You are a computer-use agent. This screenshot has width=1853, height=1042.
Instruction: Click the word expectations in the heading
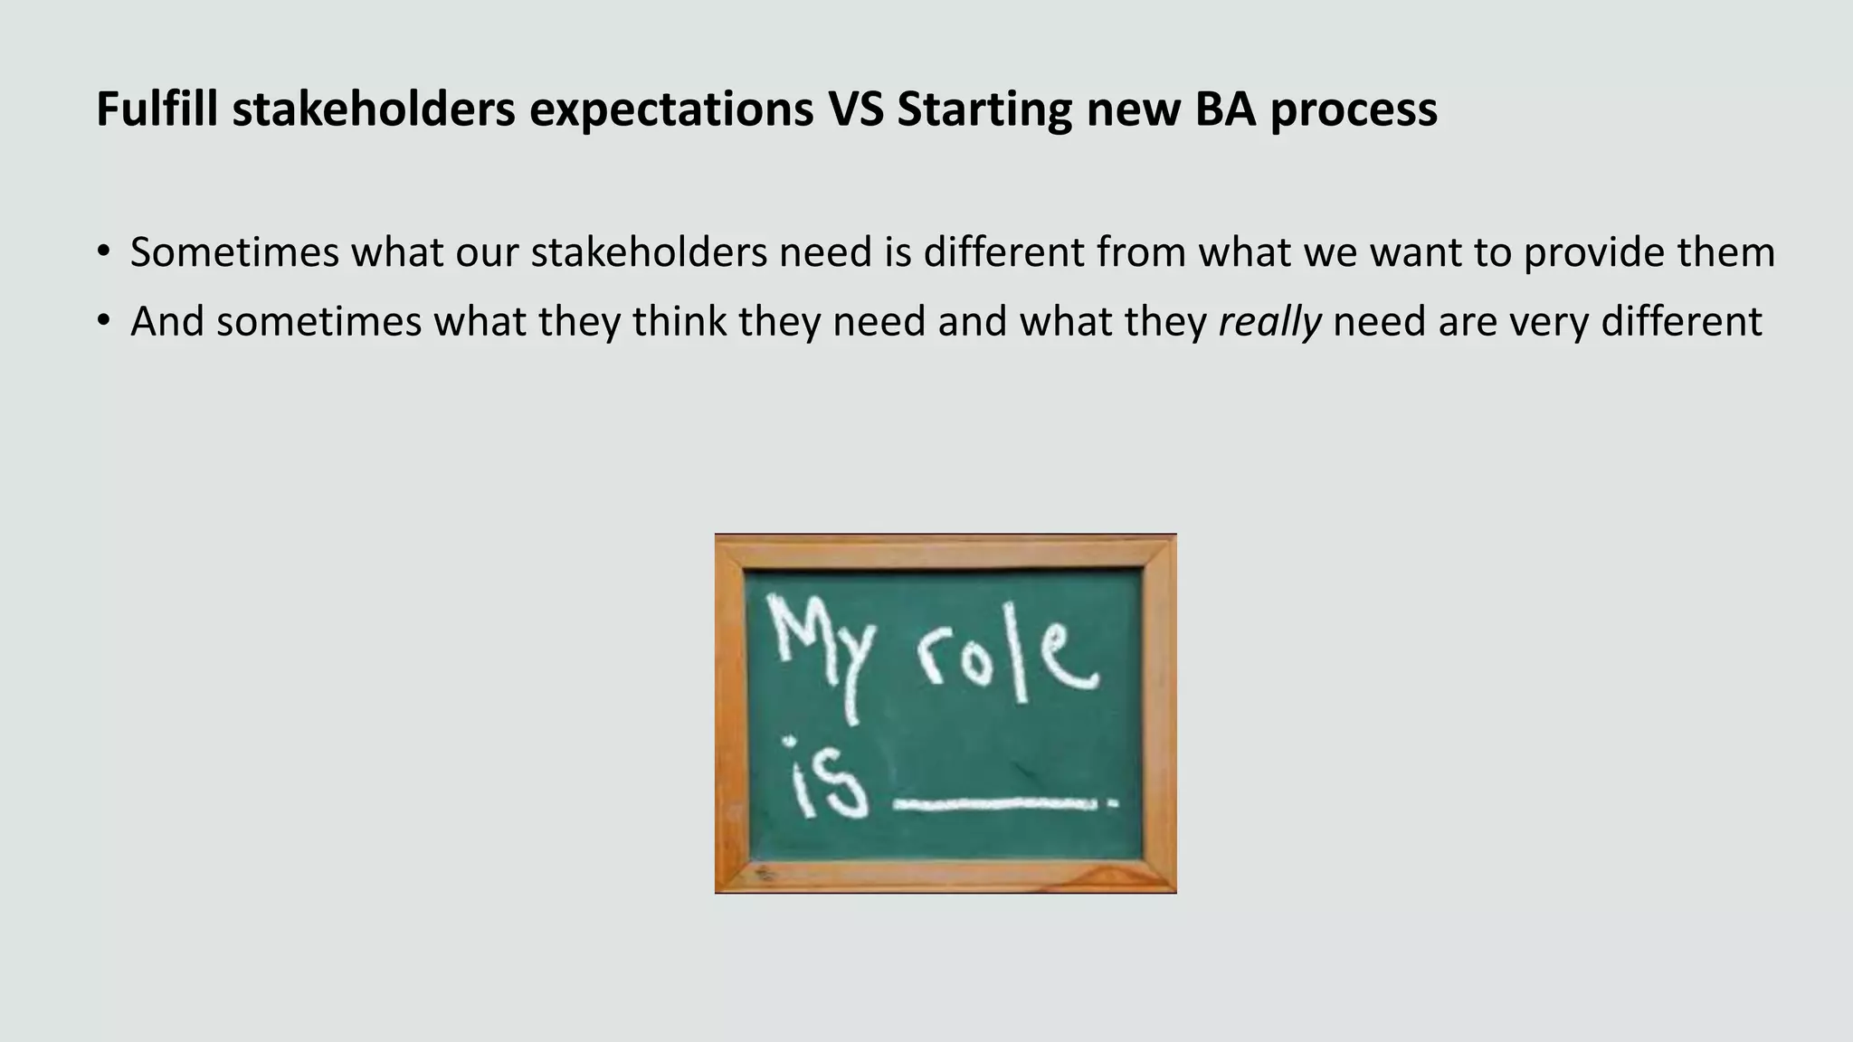(x=671, y=110)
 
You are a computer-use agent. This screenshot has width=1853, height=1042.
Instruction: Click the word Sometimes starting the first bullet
(x=234, y=251)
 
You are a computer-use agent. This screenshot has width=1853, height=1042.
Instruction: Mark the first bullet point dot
(x=105, y=251)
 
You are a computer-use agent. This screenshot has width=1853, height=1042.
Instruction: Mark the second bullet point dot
(x=105, y=320)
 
